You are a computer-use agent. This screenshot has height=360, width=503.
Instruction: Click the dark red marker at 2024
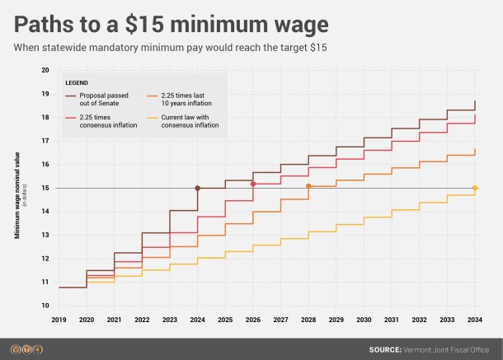[197, 189]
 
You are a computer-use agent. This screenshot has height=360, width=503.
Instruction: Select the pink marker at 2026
[252, 184]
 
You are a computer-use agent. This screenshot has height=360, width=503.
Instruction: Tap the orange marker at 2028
[308, 186]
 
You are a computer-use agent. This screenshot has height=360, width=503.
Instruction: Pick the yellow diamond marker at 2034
[475, 189]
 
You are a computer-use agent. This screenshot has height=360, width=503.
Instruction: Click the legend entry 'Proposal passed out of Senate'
[102, 101]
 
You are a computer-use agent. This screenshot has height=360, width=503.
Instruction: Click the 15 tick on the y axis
[45, 189]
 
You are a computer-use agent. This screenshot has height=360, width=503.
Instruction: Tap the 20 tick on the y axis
[45, 70]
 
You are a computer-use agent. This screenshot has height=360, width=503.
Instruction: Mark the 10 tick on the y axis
[45, 306]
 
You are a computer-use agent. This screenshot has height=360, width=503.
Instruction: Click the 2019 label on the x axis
[59, 319]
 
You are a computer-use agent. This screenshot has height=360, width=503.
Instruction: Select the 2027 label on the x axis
[280, 319]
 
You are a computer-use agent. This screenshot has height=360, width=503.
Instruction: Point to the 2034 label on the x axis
[475, 319]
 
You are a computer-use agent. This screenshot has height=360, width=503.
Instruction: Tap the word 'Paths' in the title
[47, 20]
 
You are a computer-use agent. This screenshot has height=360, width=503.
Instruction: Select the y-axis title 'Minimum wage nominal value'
[16, 196]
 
